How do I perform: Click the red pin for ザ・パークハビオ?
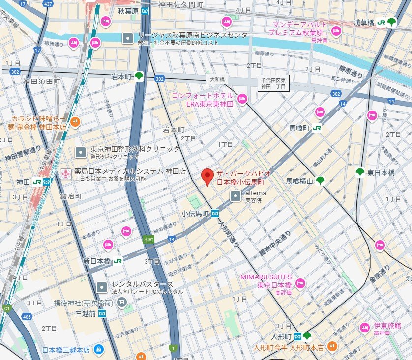[207, 175]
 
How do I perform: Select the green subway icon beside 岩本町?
[140, 76]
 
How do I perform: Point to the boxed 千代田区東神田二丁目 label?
[274, 83]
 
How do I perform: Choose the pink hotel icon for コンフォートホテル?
[242, 99]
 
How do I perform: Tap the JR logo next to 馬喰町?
[317, 128]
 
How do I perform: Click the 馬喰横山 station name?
[299, 181]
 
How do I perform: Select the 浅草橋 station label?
[364, 22]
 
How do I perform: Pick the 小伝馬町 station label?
[195, 214]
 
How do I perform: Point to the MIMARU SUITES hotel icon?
[300, 283]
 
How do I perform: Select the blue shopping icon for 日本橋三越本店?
[99, 349]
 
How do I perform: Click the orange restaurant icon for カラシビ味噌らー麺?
[75, 122]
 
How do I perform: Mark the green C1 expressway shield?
[6, 308]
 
